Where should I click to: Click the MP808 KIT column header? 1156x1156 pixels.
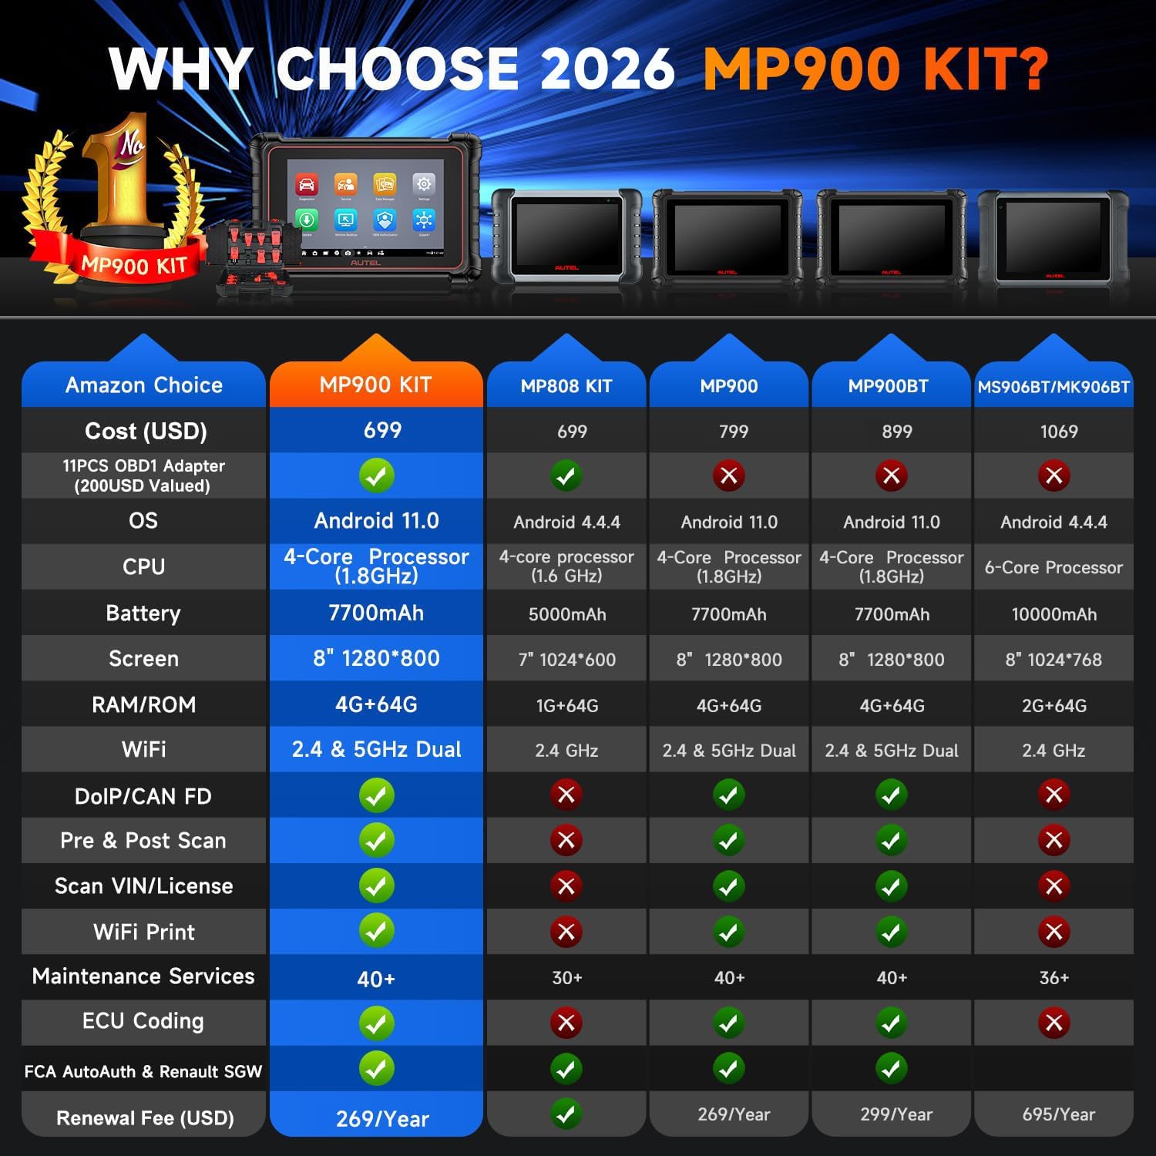pos(566,386)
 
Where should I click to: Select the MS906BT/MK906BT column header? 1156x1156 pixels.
pos(1054,387)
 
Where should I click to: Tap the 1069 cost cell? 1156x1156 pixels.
pos(1059,432)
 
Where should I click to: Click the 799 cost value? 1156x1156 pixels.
pos(733,432)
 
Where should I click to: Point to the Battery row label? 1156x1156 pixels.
pos(143,613)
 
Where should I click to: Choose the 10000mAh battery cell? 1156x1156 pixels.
pos(1054,614)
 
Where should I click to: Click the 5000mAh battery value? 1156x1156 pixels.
pos(567,614)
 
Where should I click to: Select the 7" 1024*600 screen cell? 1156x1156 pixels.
pos(567,660)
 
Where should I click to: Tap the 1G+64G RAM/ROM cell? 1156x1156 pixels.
pos(567,705)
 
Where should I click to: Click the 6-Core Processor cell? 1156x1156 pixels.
pos(1054,568)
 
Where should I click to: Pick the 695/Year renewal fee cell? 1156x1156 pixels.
pos(1059,1114)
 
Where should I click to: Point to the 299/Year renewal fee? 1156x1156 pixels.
pos(896,1114)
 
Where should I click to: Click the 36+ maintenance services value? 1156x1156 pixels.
pos(1054,978)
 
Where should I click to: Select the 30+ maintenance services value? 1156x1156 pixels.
pos(567,978)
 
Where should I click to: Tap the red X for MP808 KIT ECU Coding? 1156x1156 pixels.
pos(566,1023)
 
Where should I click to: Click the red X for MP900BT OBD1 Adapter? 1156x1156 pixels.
pos(892,476)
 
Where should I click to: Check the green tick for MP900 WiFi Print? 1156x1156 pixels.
pos(729,932)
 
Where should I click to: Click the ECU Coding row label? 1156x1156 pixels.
pos(143,1021)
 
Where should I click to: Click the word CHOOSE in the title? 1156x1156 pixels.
pos(398,69)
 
